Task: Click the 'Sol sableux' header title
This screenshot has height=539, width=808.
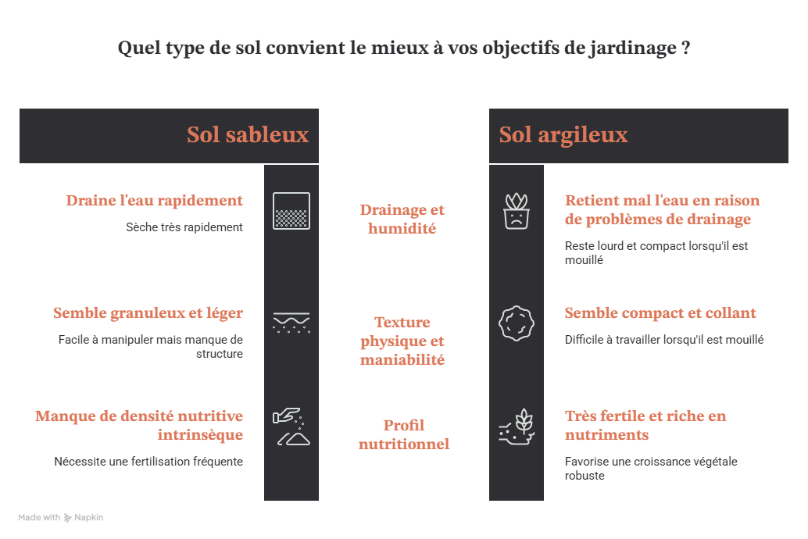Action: [x=248, y=135]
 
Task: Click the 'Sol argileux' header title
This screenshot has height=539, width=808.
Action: [x=563, y=135]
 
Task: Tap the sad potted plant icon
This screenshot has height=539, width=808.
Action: [x=517, y=211]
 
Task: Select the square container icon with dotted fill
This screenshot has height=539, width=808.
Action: [x=291, y=211]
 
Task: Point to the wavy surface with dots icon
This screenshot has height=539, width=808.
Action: [x=291, y=323]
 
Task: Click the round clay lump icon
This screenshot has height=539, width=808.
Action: [x=517, y=323]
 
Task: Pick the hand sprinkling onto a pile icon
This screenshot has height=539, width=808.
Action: [x=291, y=427]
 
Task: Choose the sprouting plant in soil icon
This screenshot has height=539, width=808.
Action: [x=517, y=427]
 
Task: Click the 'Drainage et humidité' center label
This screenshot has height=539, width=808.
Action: [x=402, y=219]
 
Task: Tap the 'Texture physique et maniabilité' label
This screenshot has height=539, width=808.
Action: [x=402, y=341]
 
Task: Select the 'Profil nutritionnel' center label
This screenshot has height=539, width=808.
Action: [x=404, y=434]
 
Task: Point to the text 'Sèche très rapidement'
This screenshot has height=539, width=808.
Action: [x=184, y=227]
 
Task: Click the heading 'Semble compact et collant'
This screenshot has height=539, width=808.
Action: [x=660, y=312]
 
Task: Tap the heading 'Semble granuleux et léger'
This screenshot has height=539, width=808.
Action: [x=148, y=313]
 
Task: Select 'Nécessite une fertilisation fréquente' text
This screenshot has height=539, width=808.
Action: [x=148, y=462]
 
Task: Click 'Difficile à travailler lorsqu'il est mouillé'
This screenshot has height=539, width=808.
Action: [x=664, y=340]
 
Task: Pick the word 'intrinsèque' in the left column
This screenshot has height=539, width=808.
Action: [x=200, y=435]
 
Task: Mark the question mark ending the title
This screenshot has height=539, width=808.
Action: [x=685, y=48]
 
